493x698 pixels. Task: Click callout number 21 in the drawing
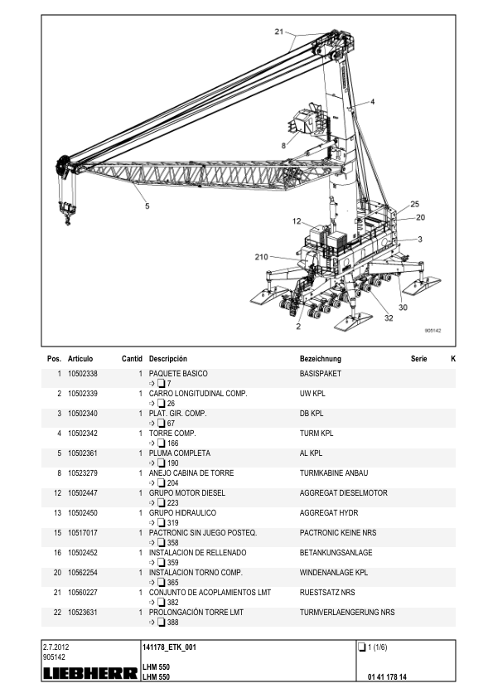[279, 32]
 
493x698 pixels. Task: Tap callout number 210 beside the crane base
[261, 257]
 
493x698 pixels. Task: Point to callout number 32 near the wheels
[389, 317]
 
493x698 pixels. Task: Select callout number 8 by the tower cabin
[284, 146]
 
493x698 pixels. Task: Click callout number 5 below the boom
[147, 206]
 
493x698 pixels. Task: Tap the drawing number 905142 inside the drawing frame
[433, 331]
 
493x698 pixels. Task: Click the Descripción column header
[167, 359]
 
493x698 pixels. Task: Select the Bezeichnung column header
[321, 359]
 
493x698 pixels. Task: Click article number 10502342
[82, 433]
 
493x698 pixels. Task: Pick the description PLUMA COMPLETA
[179, 453]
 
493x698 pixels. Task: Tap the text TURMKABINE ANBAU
[334, 473]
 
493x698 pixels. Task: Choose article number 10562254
[82, 573]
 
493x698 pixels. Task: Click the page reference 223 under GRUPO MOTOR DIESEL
[172, 503]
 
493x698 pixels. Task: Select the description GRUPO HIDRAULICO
[182, 513]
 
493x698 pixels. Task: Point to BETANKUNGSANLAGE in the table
[336, 552]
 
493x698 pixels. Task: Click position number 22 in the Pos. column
[57, 613]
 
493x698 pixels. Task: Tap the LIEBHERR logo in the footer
[90, 673]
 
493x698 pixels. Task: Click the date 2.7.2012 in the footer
[56, 647]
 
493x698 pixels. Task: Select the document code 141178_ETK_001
[169, 647]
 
